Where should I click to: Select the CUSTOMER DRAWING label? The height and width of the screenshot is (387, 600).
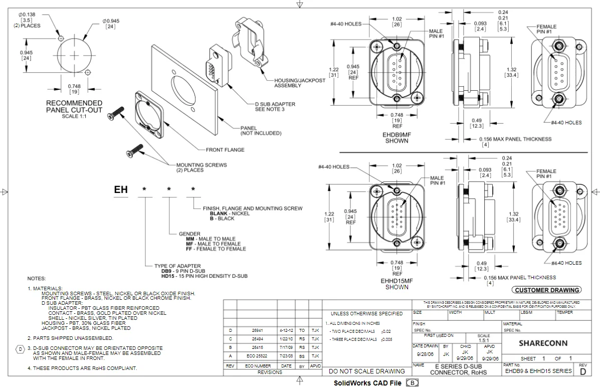point(546,290)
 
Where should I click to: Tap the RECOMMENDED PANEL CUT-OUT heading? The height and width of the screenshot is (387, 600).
point(74,107)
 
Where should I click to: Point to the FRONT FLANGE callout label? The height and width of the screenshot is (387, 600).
point(225,150)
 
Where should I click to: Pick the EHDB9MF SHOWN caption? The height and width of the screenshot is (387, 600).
point(396,138)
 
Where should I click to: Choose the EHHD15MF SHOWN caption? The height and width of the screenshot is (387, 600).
point(396,284)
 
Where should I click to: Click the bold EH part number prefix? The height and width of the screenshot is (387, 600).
point(121,190)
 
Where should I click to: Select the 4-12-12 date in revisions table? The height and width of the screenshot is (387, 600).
point(286,330)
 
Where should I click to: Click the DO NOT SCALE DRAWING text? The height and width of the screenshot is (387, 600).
point(366,371)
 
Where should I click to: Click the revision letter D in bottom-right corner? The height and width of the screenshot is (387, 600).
point(582,372)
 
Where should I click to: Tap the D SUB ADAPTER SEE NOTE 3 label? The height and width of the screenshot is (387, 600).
point(275,107)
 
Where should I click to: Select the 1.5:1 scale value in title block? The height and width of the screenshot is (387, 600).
point(484,340)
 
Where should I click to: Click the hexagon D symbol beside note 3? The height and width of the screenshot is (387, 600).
point(20,348)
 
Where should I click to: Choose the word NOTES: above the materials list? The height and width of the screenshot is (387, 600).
point(37,278)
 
